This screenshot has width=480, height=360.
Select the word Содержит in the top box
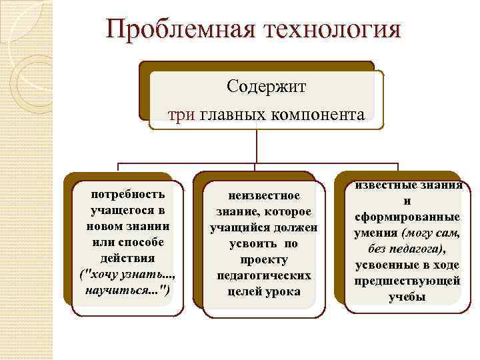tap(266, 87)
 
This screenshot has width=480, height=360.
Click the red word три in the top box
tap(181, 115)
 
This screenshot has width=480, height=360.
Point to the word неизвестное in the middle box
tap(263, 196)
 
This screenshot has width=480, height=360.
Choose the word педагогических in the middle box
tap(263, 275)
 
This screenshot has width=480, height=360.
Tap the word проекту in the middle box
tap(263, 259)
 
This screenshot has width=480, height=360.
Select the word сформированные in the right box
tap(407, 217)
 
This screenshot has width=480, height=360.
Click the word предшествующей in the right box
tap(407, 281)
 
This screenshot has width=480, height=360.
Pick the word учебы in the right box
tap(407, 297)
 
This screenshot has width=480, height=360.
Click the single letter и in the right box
tap(407, 201)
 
